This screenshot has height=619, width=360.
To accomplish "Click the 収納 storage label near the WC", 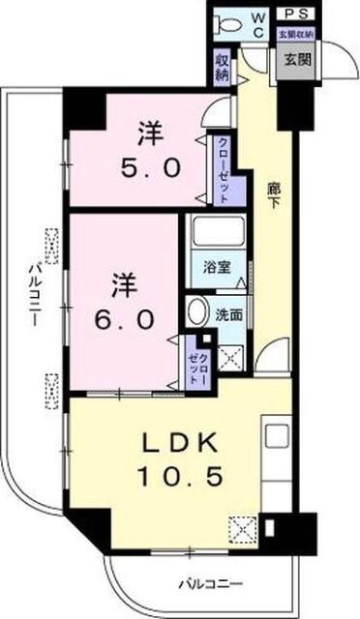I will (x=222, y=66).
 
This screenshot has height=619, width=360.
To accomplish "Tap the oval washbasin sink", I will (x=196, y=312).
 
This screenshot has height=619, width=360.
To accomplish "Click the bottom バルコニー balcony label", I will (x=208, y=583).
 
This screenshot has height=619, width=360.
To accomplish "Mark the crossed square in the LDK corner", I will (x=241, y=529).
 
